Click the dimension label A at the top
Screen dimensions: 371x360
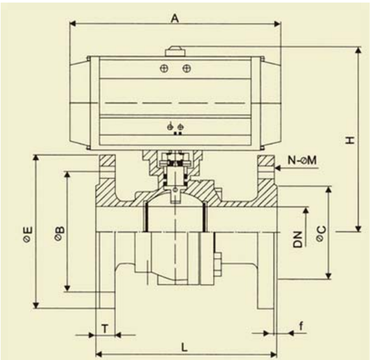(x=175, y=18)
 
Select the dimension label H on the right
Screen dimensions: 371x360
(x=350, y=140)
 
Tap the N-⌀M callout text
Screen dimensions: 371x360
(x=302, y=161)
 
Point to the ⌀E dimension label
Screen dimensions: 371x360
(x=29, y=234)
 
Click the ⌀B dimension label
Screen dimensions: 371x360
(x=60, y=233)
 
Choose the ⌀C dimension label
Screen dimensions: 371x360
(x=321, y=234)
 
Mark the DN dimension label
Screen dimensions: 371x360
(x=298, y=239)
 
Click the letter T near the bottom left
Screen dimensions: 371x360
(x=105, y=329)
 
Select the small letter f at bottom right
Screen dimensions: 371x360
(x=301, y=326)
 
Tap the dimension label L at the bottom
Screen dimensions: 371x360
(x=184, y=348)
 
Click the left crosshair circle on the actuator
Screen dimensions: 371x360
(x=164, y=69)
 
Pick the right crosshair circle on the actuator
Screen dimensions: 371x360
(x=187, y=69)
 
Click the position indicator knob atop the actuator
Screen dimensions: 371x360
(x=175, y=52)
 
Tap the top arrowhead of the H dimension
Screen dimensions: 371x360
(x=359, y=50)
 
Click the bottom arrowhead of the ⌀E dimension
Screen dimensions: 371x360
(x=36, y=305)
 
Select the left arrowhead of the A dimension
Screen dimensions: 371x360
(x=73, y=24)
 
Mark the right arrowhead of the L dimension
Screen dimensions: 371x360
(x=273, y=354)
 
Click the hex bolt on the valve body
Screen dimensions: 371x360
(x=217, y=264)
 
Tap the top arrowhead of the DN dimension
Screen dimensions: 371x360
(x=306, y=211)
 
